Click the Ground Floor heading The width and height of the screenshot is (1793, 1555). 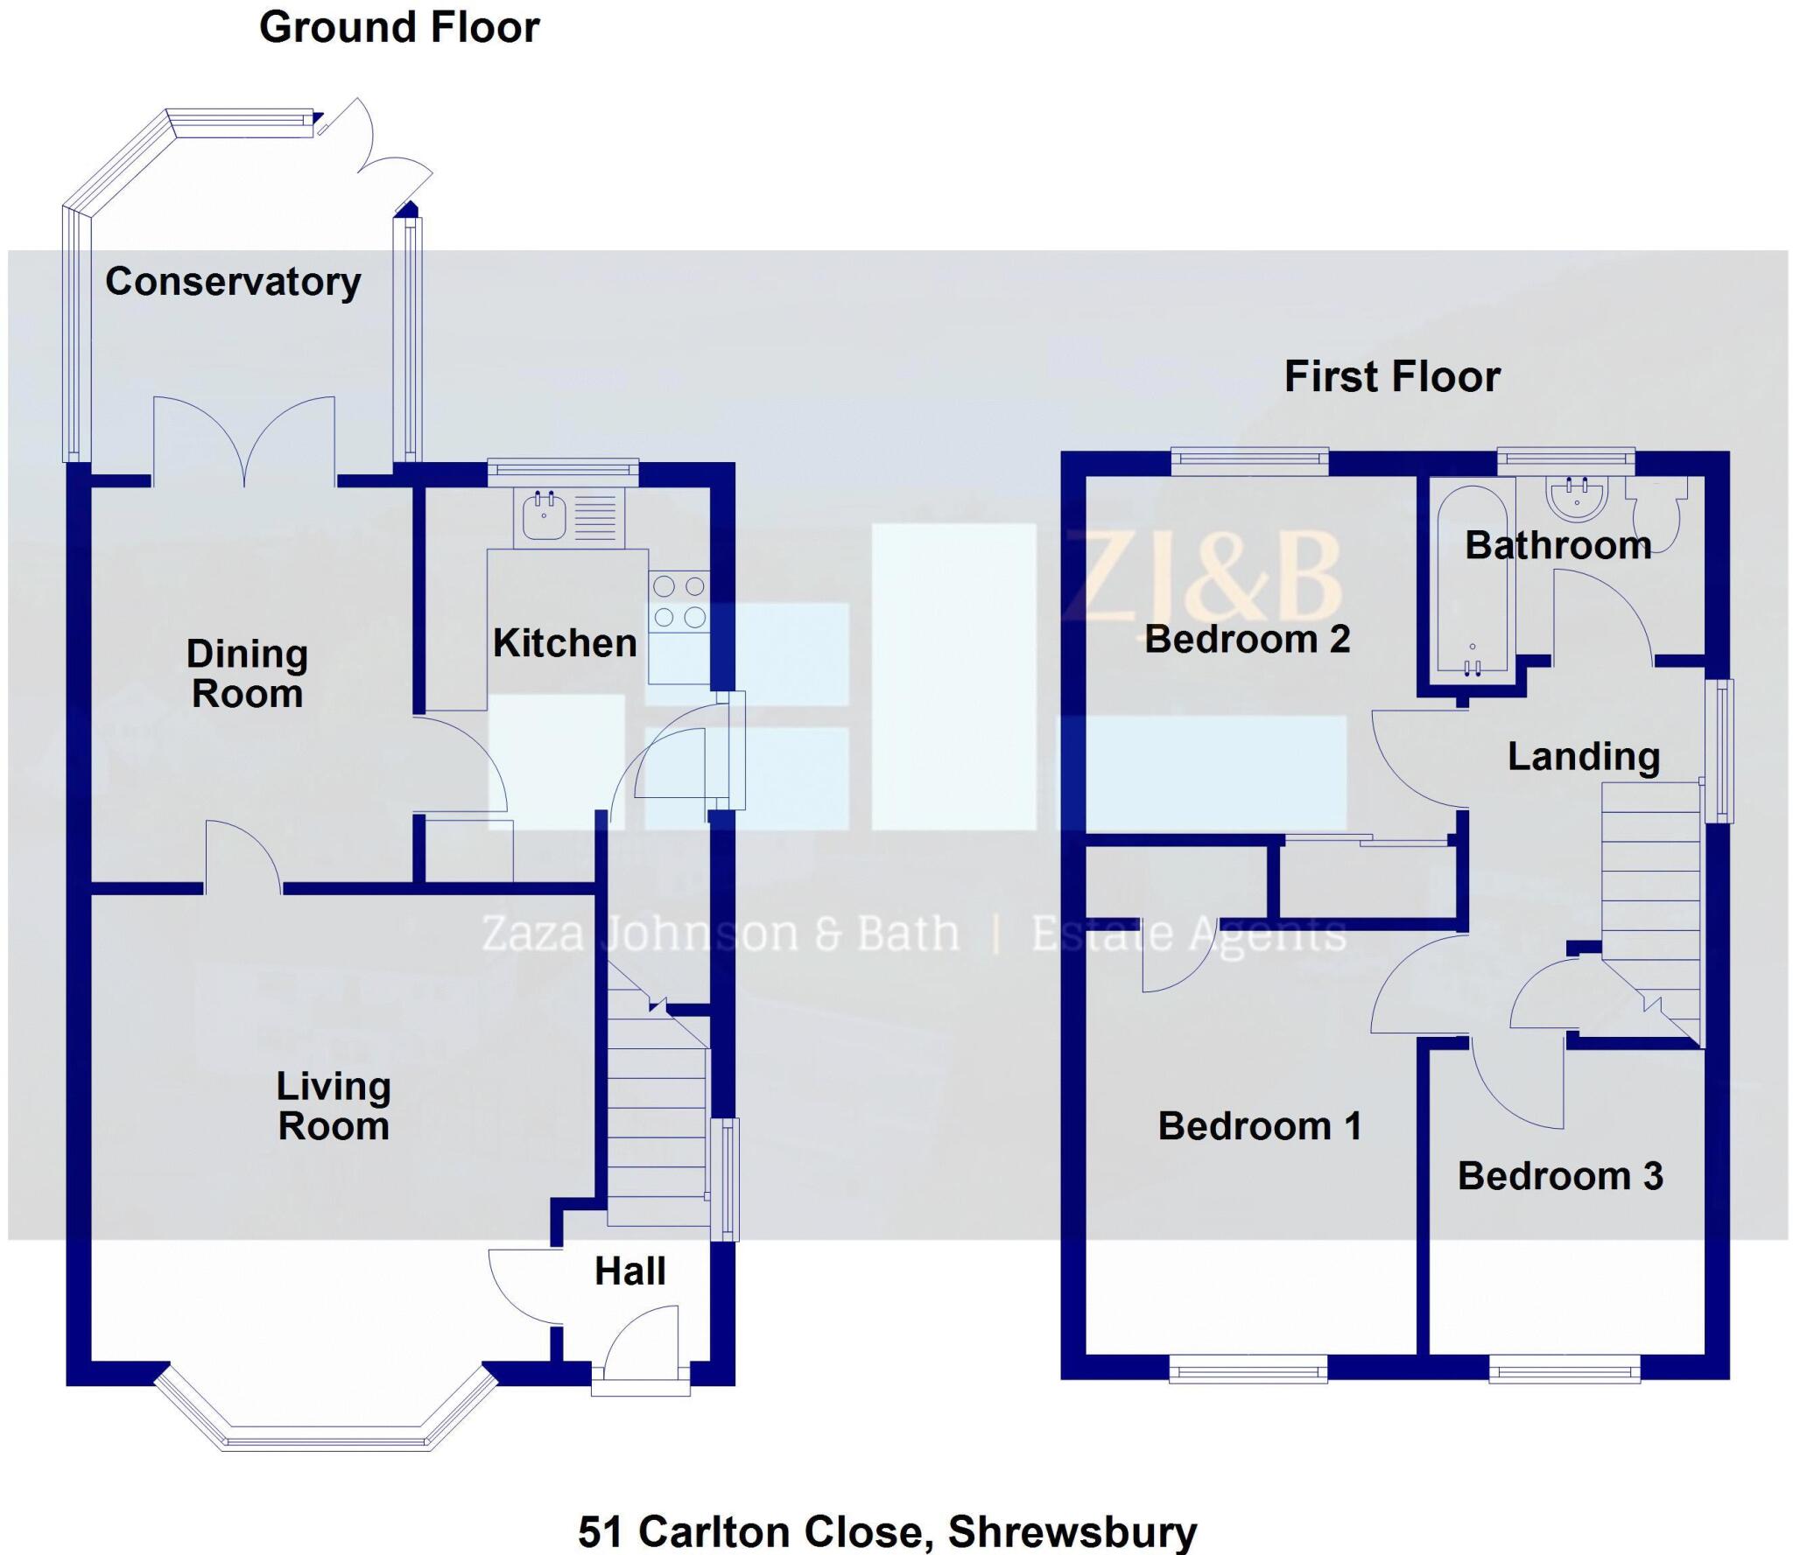(x=399, y=28)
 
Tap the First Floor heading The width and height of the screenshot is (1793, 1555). (x=1391, y=377)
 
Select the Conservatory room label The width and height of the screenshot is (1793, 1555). (x=233, y=282)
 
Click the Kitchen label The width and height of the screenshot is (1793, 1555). (x=565, y=643)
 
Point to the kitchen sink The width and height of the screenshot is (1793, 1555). (x=545, y=516)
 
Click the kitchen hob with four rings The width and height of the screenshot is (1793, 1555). (x=679, y=601)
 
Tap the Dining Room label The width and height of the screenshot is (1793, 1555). (x=248, y=674)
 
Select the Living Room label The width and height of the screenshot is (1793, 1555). (x=334, y=1106)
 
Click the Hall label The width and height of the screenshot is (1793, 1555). (x=630, y=1271)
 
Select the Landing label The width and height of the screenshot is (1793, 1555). (x=1583, y=757)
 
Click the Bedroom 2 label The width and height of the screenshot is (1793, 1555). (x=1248, y=639)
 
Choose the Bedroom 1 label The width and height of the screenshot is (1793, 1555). (x=1260, y=1126)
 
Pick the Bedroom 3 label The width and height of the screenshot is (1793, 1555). (x=1560, y=1176)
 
